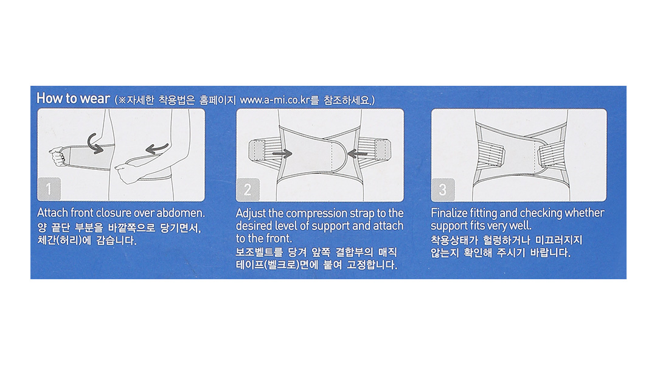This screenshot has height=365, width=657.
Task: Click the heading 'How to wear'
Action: (73, 99)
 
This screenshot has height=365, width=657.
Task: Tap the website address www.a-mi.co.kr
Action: (275, 100)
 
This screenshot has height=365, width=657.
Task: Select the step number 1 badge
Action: (49, 189)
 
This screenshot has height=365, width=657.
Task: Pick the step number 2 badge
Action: (248, 189)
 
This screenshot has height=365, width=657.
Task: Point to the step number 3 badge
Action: (443, 190)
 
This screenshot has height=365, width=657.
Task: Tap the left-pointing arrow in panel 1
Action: (157, 148)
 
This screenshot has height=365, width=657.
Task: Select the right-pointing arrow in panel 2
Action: (282, 155)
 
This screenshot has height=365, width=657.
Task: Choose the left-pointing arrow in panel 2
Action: (358, 155)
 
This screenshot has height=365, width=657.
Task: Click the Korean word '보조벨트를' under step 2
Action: (260, 252)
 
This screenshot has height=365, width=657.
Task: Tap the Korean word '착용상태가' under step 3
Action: (454, 240)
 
